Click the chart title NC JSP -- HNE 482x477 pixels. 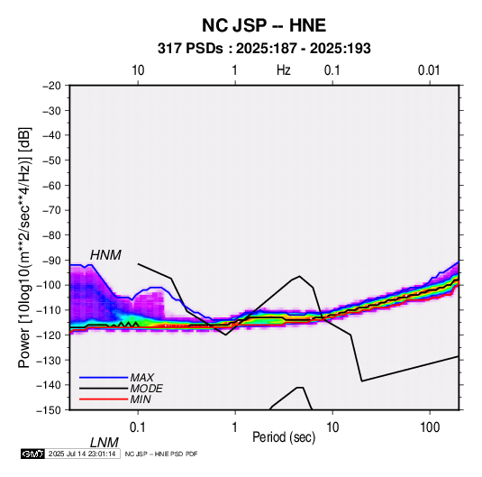(264, 25)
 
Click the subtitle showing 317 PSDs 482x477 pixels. (264, 49)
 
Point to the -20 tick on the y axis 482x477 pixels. (51, 86)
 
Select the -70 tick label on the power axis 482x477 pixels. (51, 210)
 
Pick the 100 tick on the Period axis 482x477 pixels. (430, 427)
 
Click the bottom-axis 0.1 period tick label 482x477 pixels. (138, 427)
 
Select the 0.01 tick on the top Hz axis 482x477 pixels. (429, 70)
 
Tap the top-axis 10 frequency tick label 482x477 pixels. (138, 70)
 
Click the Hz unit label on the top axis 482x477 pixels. (284, 70)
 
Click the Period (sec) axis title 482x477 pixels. (284, 437)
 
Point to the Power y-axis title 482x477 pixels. (24, 247)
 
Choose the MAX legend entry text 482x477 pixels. (141, 378)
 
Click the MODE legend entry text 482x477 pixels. (146, 389)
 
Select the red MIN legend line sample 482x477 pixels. (104, 399)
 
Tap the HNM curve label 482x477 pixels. (105, 255)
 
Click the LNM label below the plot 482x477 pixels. (105, 443)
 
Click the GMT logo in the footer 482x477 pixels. (33, 454)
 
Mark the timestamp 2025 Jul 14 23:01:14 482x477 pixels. (82, 454)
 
